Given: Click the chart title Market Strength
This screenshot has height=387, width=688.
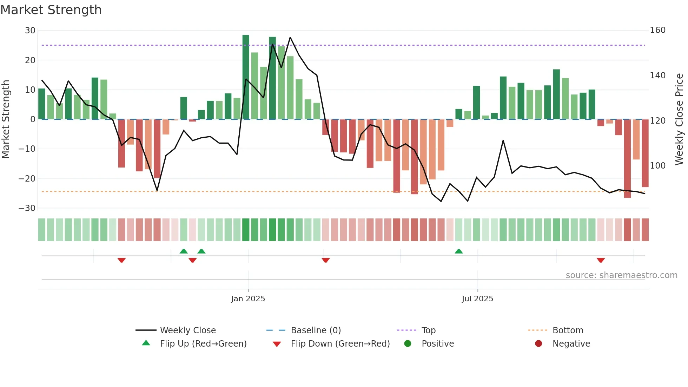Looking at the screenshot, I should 51,10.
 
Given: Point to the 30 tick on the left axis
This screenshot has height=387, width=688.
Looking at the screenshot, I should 30,31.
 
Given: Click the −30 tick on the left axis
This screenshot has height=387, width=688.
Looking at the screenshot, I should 27,208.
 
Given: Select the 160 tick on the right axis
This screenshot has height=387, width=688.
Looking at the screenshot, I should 657,30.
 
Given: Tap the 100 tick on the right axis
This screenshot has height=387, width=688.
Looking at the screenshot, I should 657,165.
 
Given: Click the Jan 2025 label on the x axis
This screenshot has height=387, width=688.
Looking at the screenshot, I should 248,299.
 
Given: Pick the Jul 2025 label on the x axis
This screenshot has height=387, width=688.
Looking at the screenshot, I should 477,299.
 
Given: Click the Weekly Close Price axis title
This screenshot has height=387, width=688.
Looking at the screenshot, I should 679,119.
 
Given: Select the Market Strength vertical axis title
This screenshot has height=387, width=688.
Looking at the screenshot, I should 6,119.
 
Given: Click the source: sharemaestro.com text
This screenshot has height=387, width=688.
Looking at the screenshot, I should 621,275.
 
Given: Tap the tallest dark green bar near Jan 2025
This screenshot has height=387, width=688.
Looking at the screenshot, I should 246,77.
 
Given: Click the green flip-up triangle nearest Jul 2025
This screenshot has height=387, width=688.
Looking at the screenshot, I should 458,251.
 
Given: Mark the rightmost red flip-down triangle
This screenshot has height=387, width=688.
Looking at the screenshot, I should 601,260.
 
